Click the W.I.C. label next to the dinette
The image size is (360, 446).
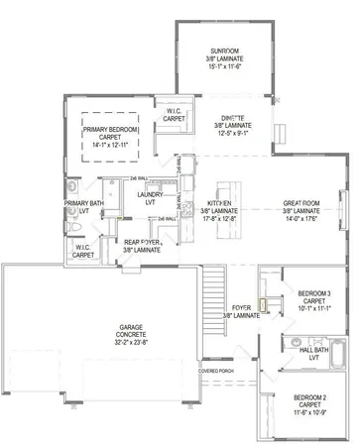(x=175, y=114)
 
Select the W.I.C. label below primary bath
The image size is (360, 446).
(x=83, y=251)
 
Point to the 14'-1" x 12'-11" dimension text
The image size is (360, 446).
(x=111, y=145)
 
